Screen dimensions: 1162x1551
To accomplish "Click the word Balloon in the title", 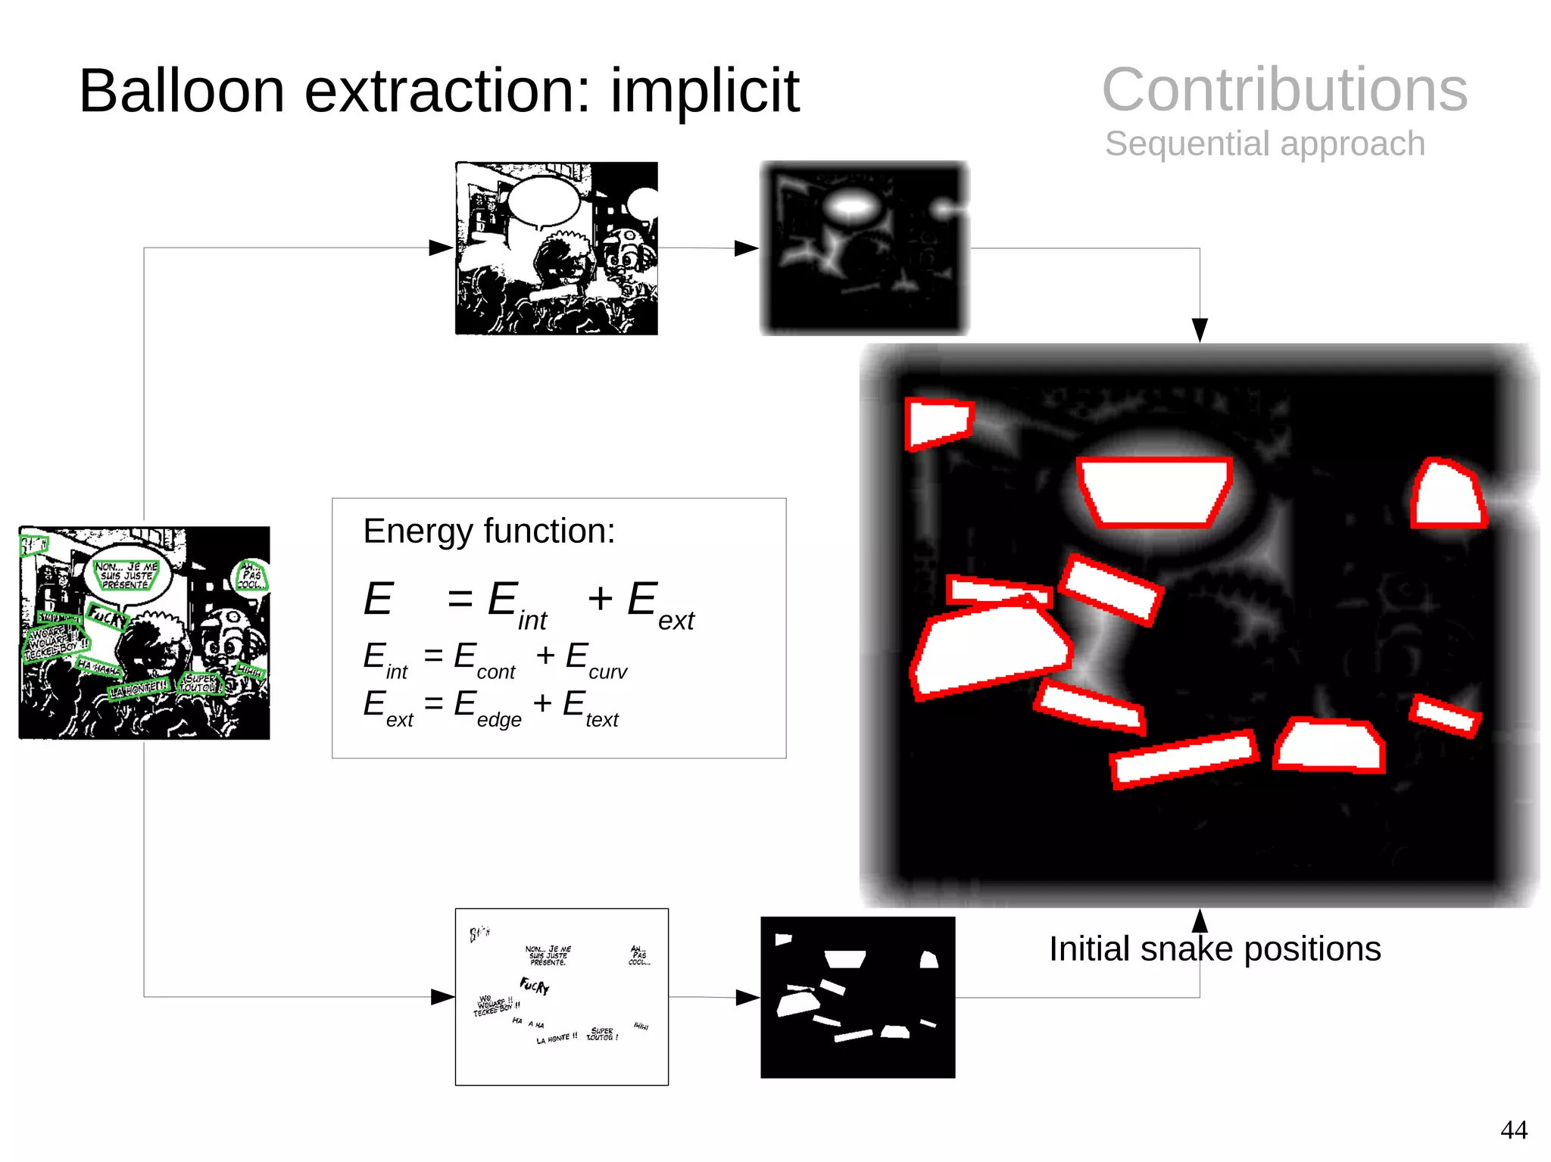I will (182, 92).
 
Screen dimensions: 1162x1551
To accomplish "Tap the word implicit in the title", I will (704, 92).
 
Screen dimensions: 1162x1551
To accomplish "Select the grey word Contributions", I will (1284, 89).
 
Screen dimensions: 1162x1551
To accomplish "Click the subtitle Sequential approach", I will (1265, 144).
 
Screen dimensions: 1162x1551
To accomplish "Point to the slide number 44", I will (1513, 1129).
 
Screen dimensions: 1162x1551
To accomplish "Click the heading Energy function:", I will (488, 531).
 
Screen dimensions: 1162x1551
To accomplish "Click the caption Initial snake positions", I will (1214, 949).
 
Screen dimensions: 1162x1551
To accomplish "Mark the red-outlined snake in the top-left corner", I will (938, 423).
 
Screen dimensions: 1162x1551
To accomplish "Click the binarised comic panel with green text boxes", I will (144, 633).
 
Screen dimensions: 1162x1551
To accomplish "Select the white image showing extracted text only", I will (561, 996).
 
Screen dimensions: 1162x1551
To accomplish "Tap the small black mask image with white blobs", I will (857, 997).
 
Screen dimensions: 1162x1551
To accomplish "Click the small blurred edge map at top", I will (864, 248).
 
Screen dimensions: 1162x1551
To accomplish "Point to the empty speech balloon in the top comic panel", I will (543, 201).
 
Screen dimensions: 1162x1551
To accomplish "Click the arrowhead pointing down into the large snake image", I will (1200, 330).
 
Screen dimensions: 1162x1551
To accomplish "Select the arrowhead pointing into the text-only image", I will (442, 997).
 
